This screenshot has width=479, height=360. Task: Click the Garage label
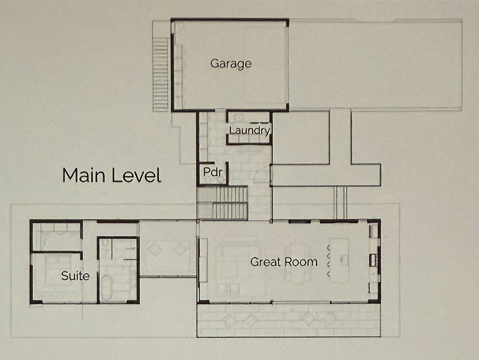pyautogui.click(x=231, y=64)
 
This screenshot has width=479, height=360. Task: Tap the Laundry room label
pyautogui.click(x=250, y=130)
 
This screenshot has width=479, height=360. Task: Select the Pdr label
pyautogui.click(x=213, y=172)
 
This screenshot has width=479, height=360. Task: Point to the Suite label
pyautogui.click(x=76, y=276)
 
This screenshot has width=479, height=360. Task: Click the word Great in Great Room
pyautogui.click(x=265, y=262)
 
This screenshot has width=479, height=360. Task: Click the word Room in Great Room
pyautogui.click(x=301, y=262)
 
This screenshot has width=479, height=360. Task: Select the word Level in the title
pyautogui.click(x=136, y=175)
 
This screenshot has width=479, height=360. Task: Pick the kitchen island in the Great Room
pyautogui.click(x=340, y=260)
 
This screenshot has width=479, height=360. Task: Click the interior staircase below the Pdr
pyautogui.click(x=222, y=203)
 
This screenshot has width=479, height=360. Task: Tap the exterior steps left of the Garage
pyautogui.click(x=160, y=74)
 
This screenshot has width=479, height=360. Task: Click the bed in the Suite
pyautogui.click(x=58, y=269)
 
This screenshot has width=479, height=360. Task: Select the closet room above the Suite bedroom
pyautogui.click(x=57, y=236)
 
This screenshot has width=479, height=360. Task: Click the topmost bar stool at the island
pyautogui.click(x=329, y=247)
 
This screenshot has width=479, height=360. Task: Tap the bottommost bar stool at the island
pyautogui.click(x=329, y=274)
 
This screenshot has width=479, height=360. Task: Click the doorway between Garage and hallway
pyautogui.click(x=220, y=110)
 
